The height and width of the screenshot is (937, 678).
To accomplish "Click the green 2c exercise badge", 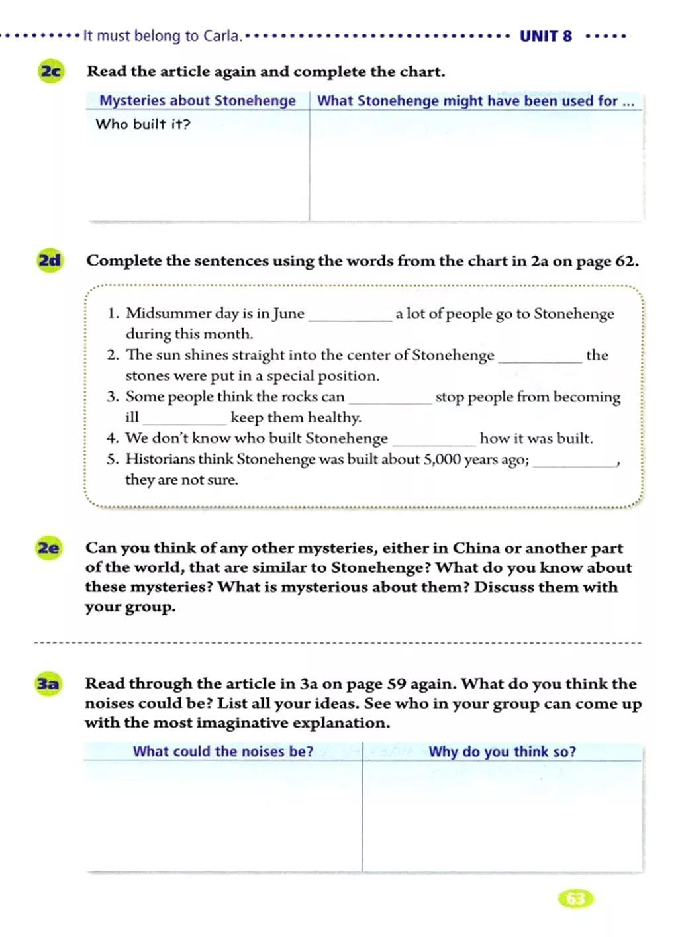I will [51, 71].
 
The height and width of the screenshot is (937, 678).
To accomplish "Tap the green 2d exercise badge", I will [50, 260].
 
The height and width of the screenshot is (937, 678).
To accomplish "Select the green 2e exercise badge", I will [48, 548].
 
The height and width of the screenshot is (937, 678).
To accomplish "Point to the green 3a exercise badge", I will [48, 684].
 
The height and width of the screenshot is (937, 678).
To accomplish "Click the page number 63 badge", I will [576, 899].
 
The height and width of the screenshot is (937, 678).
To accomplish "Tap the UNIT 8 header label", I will [546, 36].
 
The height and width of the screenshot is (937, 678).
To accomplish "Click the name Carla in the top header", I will [221, 36].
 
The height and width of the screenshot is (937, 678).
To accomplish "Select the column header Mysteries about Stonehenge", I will [197, 101].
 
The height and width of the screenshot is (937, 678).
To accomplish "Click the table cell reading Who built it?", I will [143, 124].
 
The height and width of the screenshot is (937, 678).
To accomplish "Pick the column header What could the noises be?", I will [223, 752].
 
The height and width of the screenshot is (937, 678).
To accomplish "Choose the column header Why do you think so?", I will [502, 752].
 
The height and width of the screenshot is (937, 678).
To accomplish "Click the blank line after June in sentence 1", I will [350, 318].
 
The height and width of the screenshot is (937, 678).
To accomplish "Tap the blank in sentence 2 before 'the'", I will [540, 360].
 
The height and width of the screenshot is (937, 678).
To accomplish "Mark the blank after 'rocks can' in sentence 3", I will [390, 401].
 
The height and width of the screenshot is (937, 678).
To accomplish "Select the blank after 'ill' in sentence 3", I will [185, 422].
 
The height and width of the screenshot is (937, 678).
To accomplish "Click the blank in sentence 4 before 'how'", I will [434, 442].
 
